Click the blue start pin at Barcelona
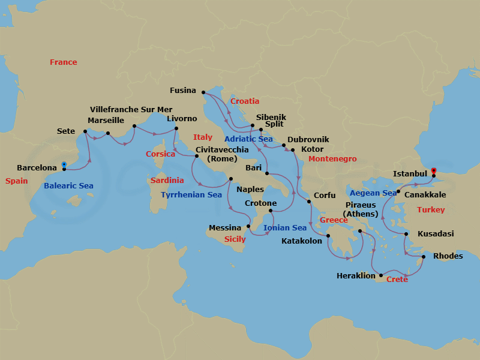(64, 166)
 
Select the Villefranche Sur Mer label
(131, 109)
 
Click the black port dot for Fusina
(203, 92)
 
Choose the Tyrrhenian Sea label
(191, 195)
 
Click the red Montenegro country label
(332, 159)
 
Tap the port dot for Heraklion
(381, 275)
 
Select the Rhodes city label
(448, 256)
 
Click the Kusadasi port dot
(406, 234)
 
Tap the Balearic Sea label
(68, 186)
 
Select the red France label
(63, 62)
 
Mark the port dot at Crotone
(270, 211)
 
